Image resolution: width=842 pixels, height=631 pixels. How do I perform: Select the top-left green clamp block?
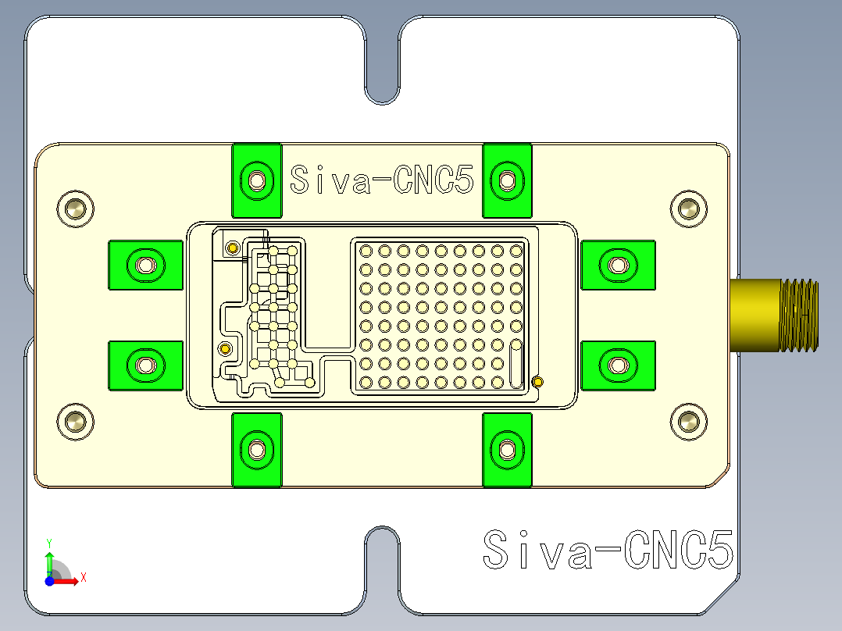pyautogui.click(x=256, y=180)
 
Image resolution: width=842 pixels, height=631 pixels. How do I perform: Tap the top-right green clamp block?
pyautogui.click(x=507, y=180)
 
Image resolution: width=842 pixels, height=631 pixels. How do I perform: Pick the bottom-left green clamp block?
pyautogui.click(x=256, y=449)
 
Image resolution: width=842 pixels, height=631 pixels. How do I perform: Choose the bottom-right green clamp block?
pyautogui.click(x=507, y=449)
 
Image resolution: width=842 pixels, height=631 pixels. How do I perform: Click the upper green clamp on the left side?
pyautogui.click(x=145, y=266)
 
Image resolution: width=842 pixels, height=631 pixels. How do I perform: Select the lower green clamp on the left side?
pyautogui.click(x=145, y=365)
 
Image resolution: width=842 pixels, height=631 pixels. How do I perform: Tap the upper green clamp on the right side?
pyautogui.click(x=618, y=266)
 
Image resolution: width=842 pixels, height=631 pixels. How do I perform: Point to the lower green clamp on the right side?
pyautogui.click(x=618, y=365)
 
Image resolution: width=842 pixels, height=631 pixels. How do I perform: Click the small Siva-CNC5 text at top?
pyautogui.click(x=381, y=180)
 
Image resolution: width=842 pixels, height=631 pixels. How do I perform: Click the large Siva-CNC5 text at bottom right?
pyautogui.click(x=608, y=550)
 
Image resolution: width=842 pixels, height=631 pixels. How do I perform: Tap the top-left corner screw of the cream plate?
pyautogui.click(x=76, y=209)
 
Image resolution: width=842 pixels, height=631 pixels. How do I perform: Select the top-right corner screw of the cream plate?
pyautogui.click(x=688, y=209)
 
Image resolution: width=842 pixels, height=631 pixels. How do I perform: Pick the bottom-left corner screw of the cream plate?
pyautogui.click(x=76, y=422)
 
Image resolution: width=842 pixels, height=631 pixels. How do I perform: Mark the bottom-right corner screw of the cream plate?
pyautogui.click(x=688, y=422)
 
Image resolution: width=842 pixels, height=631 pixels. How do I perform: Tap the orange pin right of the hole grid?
pyautogui.click(x=537, y=381)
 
